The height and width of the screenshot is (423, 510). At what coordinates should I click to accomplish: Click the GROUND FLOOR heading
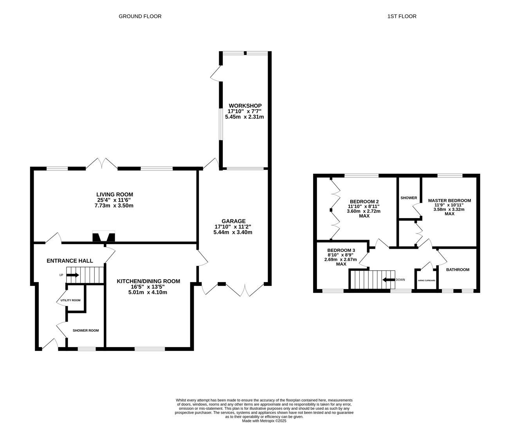pyautogui.click(x=140, y=16)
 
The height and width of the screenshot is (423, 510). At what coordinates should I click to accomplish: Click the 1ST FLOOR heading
pyautogui.click(x=402, y=16)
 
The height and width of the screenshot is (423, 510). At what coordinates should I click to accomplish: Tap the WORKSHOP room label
pyautogui.click(x=245, y=106)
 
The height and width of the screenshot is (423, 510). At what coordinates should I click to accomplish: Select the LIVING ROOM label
pyautogui.click(x=115, y=195)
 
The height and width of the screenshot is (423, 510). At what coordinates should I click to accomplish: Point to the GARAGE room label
pyautogui.click(x=234, y=221)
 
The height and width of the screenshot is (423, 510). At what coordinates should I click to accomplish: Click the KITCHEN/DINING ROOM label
pyautogui.click(x=148, y=281)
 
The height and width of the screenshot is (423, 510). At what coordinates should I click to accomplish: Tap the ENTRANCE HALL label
pyautogui.click(x=70, y=261)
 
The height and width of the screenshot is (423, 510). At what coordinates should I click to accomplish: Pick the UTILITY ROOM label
pyautogui.click(x=70, y=300)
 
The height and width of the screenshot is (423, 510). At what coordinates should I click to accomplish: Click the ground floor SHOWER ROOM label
pyautogui.click(x=86, y=331)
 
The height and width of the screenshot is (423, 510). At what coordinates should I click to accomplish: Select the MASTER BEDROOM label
pyautogui.click(x=449, y=201)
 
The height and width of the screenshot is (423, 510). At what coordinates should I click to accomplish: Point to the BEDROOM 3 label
pyautogui.click(x=341, y=250)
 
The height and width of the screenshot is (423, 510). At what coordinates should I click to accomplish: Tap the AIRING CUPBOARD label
pyautogui.click(x=427, y=280)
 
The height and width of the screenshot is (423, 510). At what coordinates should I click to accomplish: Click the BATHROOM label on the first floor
pyautogui.click(x=458, y=269)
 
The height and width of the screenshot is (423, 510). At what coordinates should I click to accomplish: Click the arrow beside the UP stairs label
pyautogui.click(x=72, y=275)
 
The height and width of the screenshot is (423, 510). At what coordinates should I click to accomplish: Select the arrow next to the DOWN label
pyautogui.click(x=389, y=280)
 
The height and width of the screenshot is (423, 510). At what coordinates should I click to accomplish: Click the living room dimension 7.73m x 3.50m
pyautogui.click(x=114, y=206)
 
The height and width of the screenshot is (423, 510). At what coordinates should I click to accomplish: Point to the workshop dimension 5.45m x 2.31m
pyautogui.click(x=245, y=117)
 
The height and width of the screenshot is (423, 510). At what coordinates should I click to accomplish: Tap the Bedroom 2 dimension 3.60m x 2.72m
pyautogui.click(x=364, y=211)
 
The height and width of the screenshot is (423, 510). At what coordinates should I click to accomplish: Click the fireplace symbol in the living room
pyautogui.click(x=104, y=236)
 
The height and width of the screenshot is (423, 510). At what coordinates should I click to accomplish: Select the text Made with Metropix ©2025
pyautogui.click(x=264, y=421)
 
